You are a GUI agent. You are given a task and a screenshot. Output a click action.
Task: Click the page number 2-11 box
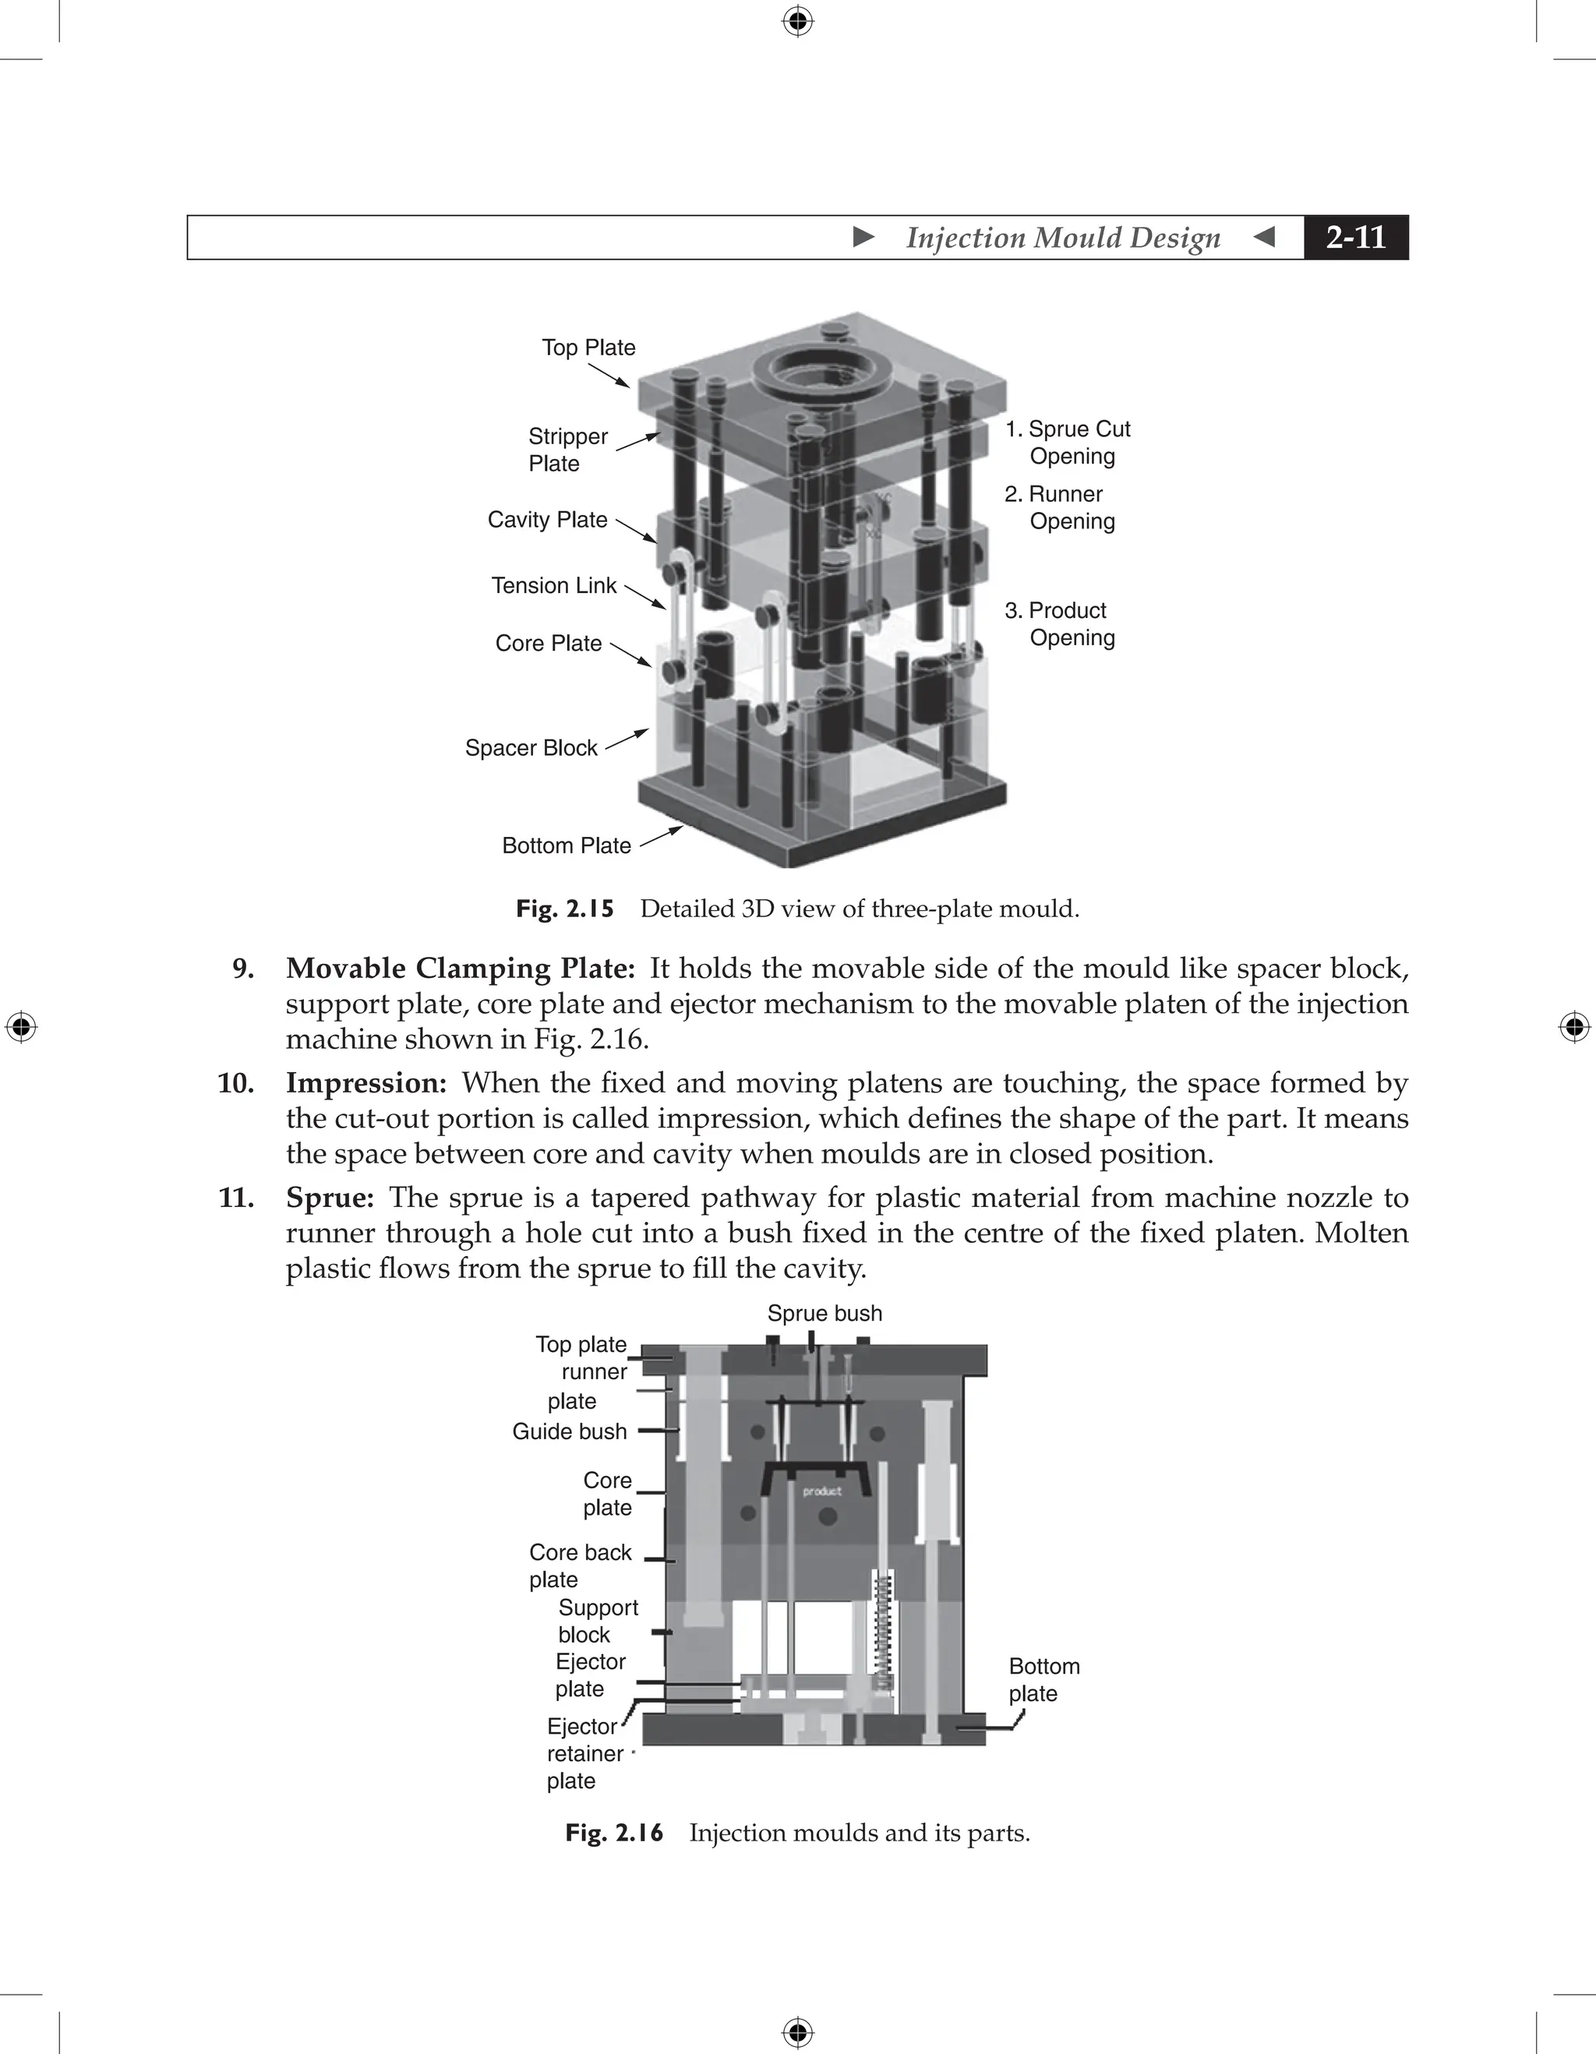coord(1355,237)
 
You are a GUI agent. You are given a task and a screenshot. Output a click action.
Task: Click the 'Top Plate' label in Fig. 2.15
coord(588,348)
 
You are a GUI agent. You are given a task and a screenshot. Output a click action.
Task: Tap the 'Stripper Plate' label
coord(567,450)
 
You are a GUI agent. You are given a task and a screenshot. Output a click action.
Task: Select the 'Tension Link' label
coord(553,586)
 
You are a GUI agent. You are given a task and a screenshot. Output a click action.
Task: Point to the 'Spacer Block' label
coord(531,749)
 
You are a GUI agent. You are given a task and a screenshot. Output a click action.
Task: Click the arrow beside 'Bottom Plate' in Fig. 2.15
coord(661,837)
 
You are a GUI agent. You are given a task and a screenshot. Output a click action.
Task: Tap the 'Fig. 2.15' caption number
coord(564,909)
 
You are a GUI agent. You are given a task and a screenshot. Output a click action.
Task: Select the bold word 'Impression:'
coord(365,1083)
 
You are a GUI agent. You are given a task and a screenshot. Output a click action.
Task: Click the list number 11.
coord(236,1198)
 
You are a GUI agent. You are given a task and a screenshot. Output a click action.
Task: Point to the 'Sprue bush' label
coord(824,1314)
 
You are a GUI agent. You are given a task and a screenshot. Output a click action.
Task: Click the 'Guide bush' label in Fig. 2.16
coord(569,1432)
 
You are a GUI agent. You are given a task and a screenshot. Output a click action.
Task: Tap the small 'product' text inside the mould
coord(822,1491)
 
